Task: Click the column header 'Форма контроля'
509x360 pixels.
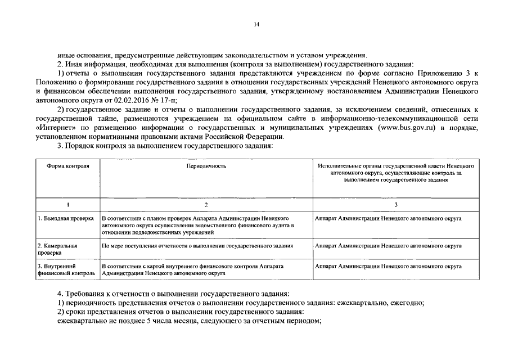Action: pyautogui.click(x=67, y=166)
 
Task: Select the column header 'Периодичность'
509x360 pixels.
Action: pyautogui.click(x=206, y=166)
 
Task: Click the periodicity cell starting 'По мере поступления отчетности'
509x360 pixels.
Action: pyautogui.click(x=197, y=246)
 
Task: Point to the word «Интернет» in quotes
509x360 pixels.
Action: pyautogui.click(x=54, y=129)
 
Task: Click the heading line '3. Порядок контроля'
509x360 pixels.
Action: pyautogui.click(x=165, y=146)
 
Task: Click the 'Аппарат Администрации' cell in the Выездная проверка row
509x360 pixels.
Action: pyautogui.click(x=389, y=217)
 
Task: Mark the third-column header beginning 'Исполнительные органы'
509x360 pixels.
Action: pyautogui.click(x=395, y=173)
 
